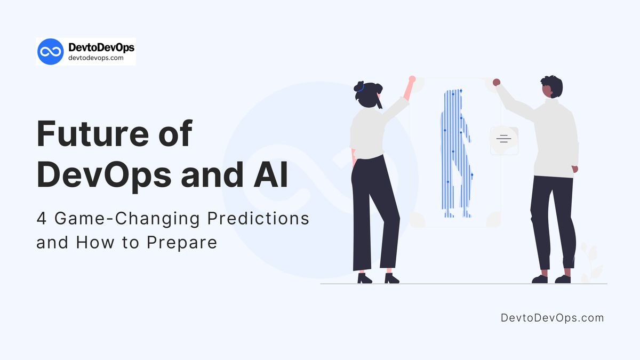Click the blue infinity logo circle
(51, 51)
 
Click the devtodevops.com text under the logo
(96, 58)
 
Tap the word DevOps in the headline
(103, 175)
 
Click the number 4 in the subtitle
(41, 219)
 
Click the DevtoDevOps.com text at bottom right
(552, 318)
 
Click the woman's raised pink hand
(411, 79)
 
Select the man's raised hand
(496, 82)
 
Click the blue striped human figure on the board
(455, 152)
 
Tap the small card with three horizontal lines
(504, 141)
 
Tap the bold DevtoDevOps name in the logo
(101, 47)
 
